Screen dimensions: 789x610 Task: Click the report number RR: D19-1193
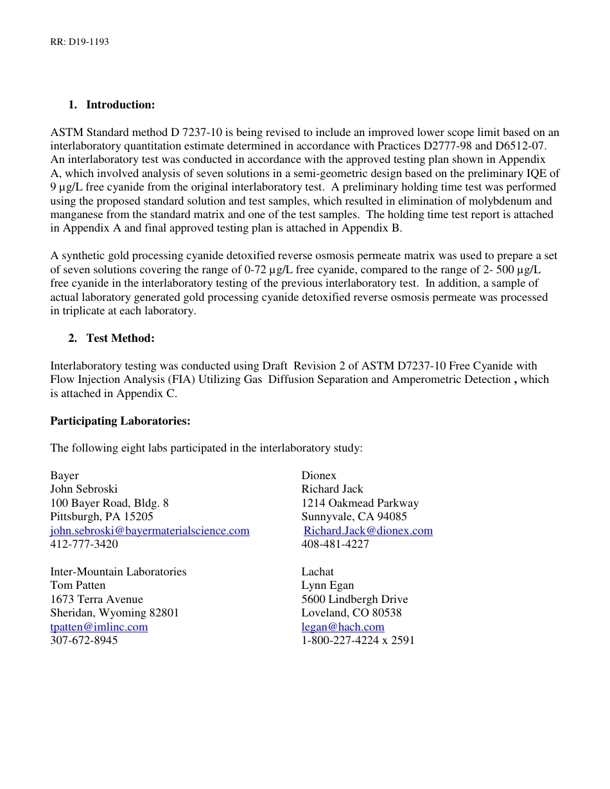[x=80, y=42]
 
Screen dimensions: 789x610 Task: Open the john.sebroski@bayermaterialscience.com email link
[x=150, y=530]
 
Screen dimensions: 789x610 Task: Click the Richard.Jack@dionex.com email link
[x=368, y=530]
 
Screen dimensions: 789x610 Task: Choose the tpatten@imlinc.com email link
[x=99, y=627]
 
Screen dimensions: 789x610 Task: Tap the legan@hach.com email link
[x=343, y=627]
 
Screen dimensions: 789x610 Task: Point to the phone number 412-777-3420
[x=84, y=544]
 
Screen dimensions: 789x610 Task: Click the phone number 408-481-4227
[x=335, y=544]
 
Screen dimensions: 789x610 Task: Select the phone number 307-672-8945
[x=84, y=640]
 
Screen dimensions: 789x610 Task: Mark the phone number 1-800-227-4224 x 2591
[x=358, y=640]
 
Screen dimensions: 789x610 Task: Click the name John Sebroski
[x=84, y=489]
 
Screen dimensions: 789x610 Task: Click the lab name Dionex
[x=319, y=475]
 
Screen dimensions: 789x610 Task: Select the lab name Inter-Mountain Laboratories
[x=118, y=572]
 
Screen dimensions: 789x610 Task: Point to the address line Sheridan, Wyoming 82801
[x=115, y=613]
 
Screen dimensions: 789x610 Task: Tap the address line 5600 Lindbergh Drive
[x=354, y=599]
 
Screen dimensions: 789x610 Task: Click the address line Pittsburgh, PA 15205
[x=102, y=516]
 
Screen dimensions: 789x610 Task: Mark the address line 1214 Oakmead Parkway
[x=360, y=503]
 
